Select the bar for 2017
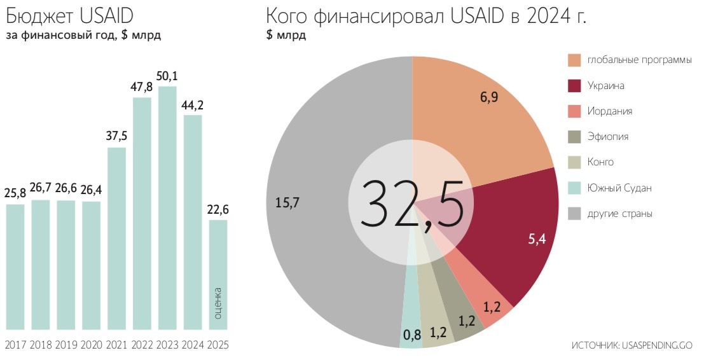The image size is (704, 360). (x=15, y=267)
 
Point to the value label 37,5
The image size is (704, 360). (x=116, y=137)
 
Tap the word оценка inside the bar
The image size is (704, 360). (x=218, y=304)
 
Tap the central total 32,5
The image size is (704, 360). (x=411, y=203)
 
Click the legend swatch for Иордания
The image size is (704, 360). (x=574, y=111)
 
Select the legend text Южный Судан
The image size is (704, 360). (x=619, y=188)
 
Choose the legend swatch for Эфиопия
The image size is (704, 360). (x=574, y=137)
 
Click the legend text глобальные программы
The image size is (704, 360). (x=638, y=60)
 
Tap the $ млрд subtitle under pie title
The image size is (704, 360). (x=286, y=36)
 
